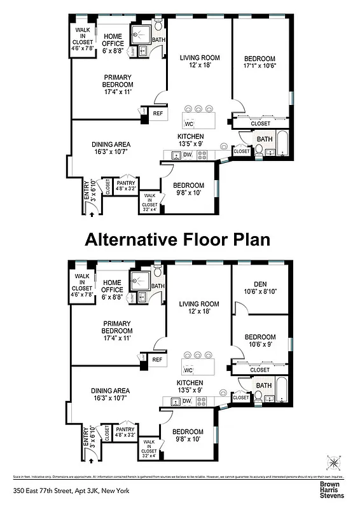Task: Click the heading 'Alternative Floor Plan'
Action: tap(177, 239)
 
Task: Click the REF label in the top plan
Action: tap(158, 115)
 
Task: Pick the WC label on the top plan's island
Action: tap(188, 123)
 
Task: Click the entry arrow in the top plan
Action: tap(92, 215)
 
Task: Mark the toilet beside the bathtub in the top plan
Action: tap(260, 151)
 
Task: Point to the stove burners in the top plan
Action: tap(202, 155)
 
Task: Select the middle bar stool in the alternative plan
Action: tap(198, 354)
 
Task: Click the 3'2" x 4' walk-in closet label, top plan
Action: tap(150, 203)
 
